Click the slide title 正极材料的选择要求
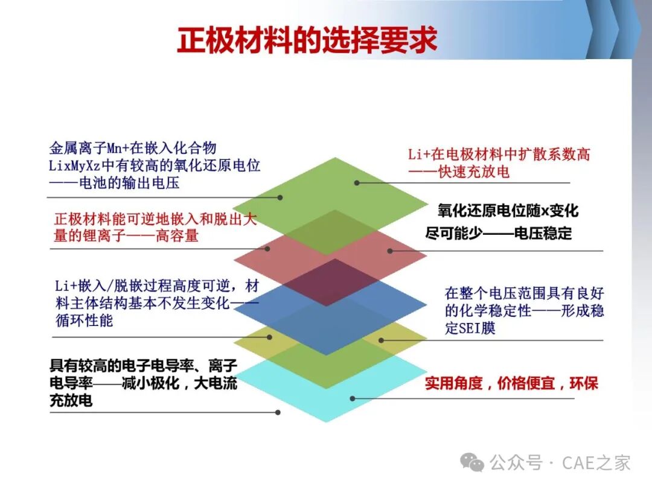[x=307, y=40]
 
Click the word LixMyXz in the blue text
[x=74, y=165]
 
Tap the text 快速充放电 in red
[x=474, y=171]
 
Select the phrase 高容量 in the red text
[x=177, y=236]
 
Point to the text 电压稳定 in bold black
[x=543, y=233]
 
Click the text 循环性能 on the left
[x=85, y=321]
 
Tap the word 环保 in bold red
[x=584, y=383]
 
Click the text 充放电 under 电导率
[x=71, y=400]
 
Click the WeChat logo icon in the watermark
[x=472, y=462]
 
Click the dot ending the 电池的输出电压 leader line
[x=280, y=197]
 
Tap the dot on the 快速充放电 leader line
[x=357, y=182]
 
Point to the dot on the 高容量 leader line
[x=267, y=249]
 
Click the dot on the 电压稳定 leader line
[x=389, y=251]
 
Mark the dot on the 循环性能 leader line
[x=269, y=337]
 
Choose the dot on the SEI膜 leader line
[x=381, y=340]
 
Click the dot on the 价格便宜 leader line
[x=352, y=398]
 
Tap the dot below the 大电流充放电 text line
[x=278, y=412]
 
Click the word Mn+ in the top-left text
[x=118, y=148]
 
